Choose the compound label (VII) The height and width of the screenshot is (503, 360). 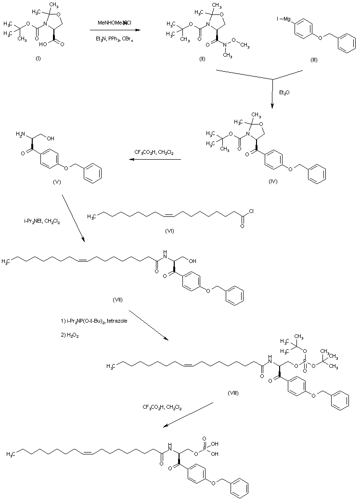click(x=118, y=300)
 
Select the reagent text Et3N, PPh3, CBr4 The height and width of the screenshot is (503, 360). click(x=114, y=39)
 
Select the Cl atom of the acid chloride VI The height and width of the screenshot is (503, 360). click(x=252, y=214)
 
